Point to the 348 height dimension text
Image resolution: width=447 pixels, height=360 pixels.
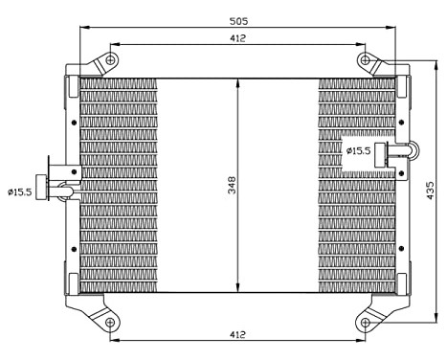[x=230, y=185]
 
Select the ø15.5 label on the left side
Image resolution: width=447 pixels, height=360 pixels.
[x=20, y=191]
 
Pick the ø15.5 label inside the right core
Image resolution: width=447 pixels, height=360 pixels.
[x=358, y=150]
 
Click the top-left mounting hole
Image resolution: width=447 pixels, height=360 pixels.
[x=111, y=61]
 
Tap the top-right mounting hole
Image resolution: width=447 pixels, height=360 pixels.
[x=366, y=61]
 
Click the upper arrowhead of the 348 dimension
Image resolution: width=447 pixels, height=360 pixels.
[x=237, y=80]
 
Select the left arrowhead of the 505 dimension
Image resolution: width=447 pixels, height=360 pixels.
[x=82, y=28]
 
